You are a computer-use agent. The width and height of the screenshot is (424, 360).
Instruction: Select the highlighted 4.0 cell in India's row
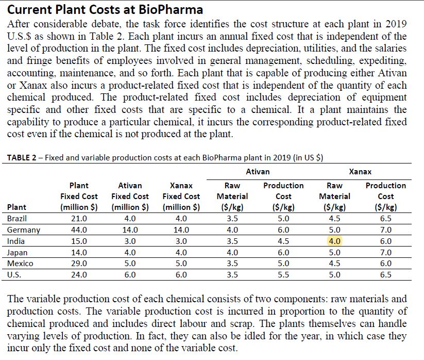[334, 241]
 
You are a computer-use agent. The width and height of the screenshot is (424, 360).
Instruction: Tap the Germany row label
[24, 230]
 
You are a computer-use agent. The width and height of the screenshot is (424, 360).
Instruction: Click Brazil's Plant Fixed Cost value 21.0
[78, 219]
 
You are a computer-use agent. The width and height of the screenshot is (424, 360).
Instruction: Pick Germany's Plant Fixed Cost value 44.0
[78, 230]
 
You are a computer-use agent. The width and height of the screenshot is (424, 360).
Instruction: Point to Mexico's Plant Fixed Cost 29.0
[78, 264]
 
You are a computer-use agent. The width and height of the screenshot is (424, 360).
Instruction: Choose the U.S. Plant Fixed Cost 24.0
[78, 275]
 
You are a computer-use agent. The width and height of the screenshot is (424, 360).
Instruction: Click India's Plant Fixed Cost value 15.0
[78, 241]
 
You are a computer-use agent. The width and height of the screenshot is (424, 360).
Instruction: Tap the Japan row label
[17, 253]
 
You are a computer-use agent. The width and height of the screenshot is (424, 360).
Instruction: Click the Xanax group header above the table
[360, 171]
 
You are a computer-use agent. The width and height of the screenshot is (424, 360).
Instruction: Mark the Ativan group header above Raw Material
[258, 171]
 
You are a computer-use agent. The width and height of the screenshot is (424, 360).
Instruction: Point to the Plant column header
[16, 207]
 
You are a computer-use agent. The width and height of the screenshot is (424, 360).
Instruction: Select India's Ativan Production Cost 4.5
[283, 241]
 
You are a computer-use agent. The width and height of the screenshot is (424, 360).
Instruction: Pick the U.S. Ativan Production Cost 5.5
[283, 275]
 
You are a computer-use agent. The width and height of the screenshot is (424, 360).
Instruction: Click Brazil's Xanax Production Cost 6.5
[385, 219]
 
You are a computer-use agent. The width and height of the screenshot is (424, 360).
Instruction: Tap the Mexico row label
[20, 264]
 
